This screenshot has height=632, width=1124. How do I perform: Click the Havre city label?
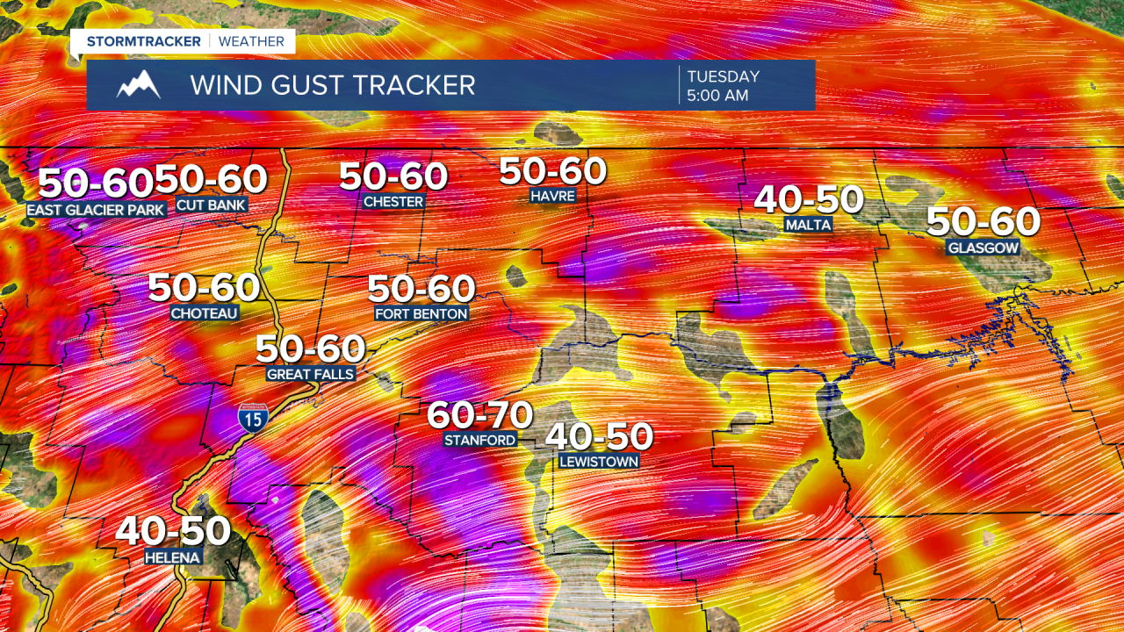[552, 196]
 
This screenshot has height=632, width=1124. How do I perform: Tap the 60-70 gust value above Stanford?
[480, 414]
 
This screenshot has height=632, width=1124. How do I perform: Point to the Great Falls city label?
[311, 374]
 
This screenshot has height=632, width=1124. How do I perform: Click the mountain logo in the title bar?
[139, 85]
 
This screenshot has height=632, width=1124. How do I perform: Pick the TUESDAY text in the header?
[723, 76]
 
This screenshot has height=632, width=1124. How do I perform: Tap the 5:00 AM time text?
[717, 96]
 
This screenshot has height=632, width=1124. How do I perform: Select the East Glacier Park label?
[96, 210]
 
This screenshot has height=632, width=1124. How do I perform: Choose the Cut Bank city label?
[212, 205]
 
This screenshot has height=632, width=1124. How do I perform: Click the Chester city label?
[393, 201]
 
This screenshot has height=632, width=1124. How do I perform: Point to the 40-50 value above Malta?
[809, 200]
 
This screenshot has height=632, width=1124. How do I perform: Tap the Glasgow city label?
[983, 248]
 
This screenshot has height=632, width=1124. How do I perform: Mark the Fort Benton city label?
[421, 312]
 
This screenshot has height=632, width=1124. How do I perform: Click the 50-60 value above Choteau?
[204, 288]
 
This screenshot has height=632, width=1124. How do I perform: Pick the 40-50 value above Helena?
[173, 531]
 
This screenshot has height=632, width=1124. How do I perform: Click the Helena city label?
[174, 557]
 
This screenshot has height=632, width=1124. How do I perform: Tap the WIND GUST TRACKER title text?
[333, 85]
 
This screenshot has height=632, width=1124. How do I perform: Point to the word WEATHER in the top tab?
[251, 41]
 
